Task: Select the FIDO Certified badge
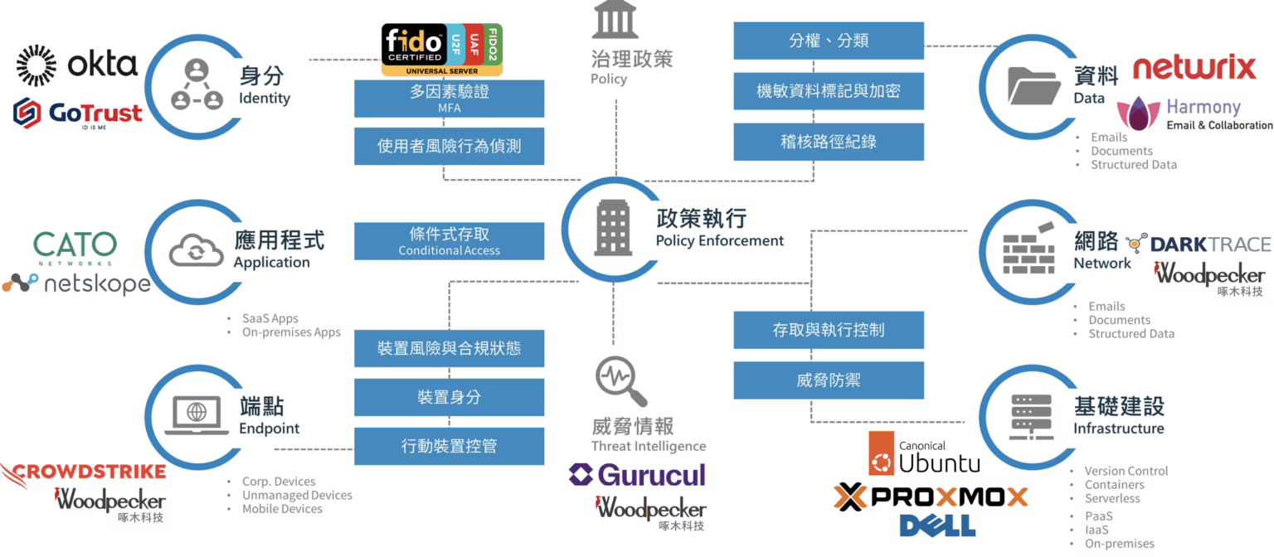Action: click(x=441, y=50)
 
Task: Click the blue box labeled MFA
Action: click(x=449, y=99)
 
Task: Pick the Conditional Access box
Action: click(x=449, y=241)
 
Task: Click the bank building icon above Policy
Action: click(x=615, y=20)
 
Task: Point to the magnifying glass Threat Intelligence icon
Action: click(x=620, y=380)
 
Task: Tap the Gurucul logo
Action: click(x=637, y=475)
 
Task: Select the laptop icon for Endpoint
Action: click(x=197, y=415)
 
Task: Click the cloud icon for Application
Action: click(x=196, y=249)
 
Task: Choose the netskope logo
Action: click(x=75, y=284)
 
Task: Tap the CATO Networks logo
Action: click(x=75, y=246)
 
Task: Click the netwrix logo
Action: click(x=1194, y=68)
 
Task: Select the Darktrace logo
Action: click(x=1198, y=244)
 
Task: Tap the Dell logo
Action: click(x=937, y=525)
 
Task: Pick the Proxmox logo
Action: click(x=931, y=496)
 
